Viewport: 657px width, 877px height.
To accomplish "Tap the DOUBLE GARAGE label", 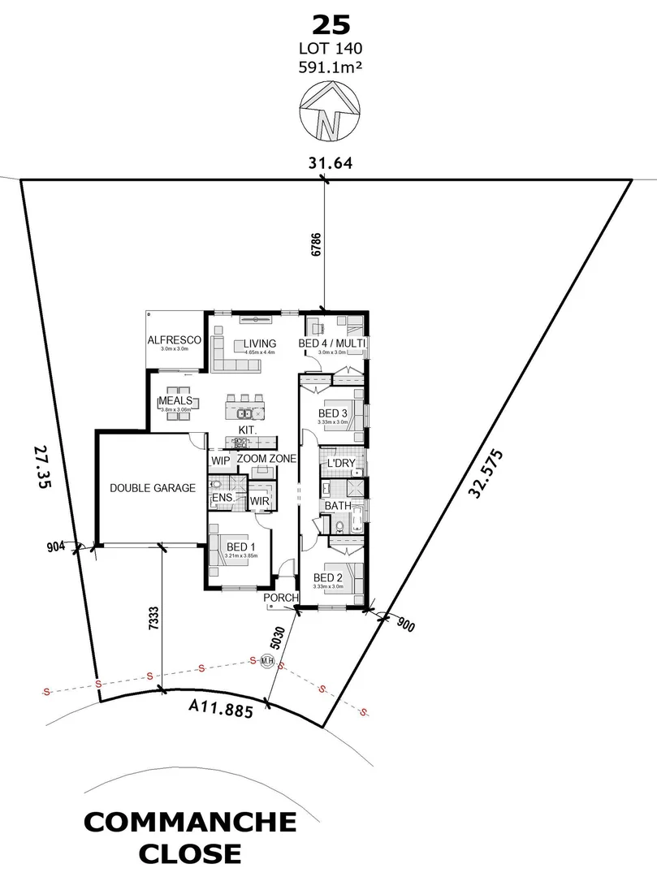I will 153,488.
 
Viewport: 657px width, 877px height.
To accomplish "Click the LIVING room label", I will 258,343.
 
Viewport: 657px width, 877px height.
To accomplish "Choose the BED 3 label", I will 333,413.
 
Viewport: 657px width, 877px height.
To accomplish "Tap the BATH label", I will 338,505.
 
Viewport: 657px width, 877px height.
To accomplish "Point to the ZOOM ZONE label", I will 266,460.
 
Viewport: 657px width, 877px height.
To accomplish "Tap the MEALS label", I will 175,401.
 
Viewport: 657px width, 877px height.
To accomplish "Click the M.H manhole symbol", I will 266,661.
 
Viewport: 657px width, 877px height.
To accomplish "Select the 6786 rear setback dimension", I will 316,247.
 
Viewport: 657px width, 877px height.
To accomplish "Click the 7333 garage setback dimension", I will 153,620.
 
